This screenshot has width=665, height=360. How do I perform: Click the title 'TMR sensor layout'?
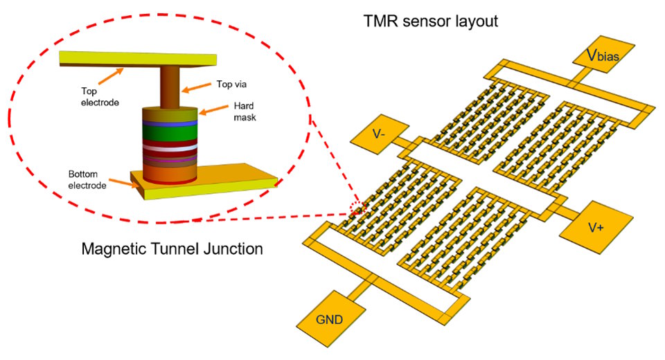click(x=431, y=21)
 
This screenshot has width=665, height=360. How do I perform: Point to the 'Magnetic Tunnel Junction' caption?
click(x=172, y=249)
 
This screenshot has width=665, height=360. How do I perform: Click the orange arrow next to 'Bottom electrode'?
click(x=125, y=183)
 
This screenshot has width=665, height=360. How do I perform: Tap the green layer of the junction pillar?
click(x=170, y=131)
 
